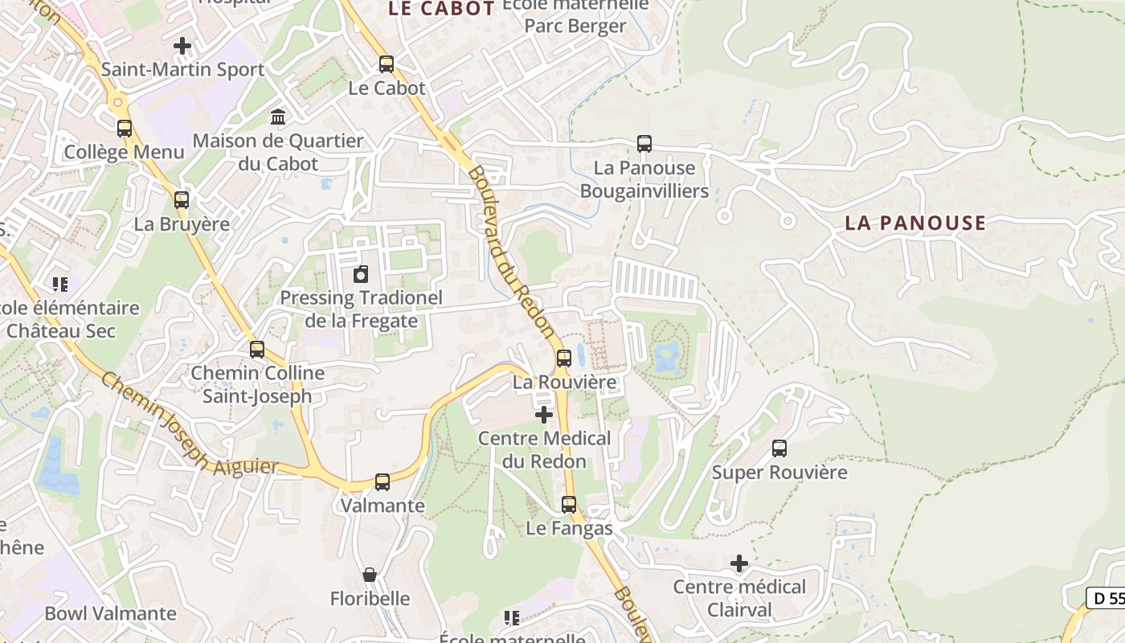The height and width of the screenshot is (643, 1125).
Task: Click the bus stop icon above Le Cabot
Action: coord(387,64)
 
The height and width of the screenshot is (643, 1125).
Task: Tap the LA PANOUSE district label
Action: coord(914,223)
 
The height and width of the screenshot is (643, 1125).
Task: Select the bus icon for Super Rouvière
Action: coord(779,448)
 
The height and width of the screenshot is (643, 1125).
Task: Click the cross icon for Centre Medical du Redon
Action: coord(544,415)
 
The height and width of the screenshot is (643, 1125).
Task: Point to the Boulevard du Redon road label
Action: coord(511,251)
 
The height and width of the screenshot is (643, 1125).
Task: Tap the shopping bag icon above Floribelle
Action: coord(370,575)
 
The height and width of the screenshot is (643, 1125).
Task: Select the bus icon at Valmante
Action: coord(382,482)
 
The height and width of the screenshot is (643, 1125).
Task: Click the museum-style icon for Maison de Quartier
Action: coord(278,117)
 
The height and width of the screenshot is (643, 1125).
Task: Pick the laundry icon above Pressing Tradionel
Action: coord(361,275)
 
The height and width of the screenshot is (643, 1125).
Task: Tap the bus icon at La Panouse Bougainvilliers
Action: coord(644,144)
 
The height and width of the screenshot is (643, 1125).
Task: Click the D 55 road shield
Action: coord(1107,598)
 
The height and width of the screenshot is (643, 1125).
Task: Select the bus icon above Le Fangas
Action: coord(569,505)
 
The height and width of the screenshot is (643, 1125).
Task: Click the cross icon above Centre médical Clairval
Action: coord(739,563)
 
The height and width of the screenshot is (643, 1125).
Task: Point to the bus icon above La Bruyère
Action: coord(182,200)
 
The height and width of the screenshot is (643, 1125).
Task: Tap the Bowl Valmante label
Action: coord(110,613)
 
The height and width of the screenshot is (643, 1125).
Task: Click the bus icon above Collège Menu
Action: coord(125,129)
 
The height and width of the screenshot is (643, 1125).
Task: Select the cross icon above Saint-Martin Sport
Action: coord(182,46)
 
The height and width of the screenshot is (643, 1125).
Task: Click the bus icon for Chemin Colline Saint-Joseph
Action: coord(257,350)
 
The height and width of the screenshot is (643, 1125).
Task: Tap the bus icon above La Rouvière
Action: coord(564,358)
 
